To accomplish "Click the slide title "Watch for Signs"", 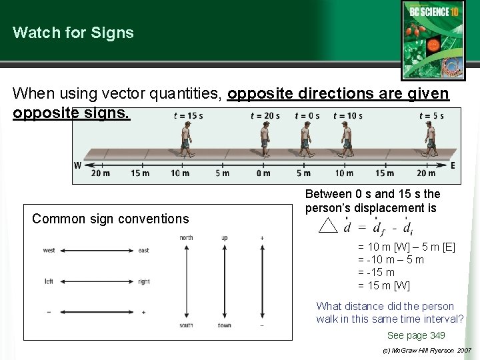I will [73, 33].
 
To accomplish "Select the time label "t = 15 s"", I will [188, 115].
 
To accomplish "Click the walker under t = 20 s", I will [265, 141].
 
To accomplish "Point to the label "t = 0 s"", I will [307, 115].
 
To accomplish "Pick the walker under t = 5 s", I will [431, 141].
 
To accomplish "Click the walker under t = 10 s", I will [347, 141].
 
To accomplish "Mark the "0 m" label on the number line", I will [263, 173].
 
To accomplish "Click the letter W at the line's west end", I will [78, 165].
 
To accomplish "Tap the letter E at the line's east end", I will [453, 165].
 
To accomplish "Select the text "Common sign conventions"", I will [111, 219].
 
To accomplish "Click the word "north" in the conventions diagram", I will [186, 238].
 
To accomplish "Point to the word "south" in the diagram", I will [186, 325].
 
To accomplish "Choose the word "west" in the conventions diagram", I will [49, 251].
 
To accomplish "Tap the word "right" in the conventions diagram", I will [145, 281].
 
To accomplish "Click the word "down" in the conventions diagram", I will [224, 325].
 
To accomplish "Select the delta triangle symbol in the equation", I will [327, 226].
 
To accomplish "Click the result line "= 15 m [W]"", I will [385, 285].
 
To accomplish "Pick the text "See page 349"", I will [416, 335].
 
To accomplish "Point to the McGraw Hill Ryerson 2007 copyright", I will [427, 350].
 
